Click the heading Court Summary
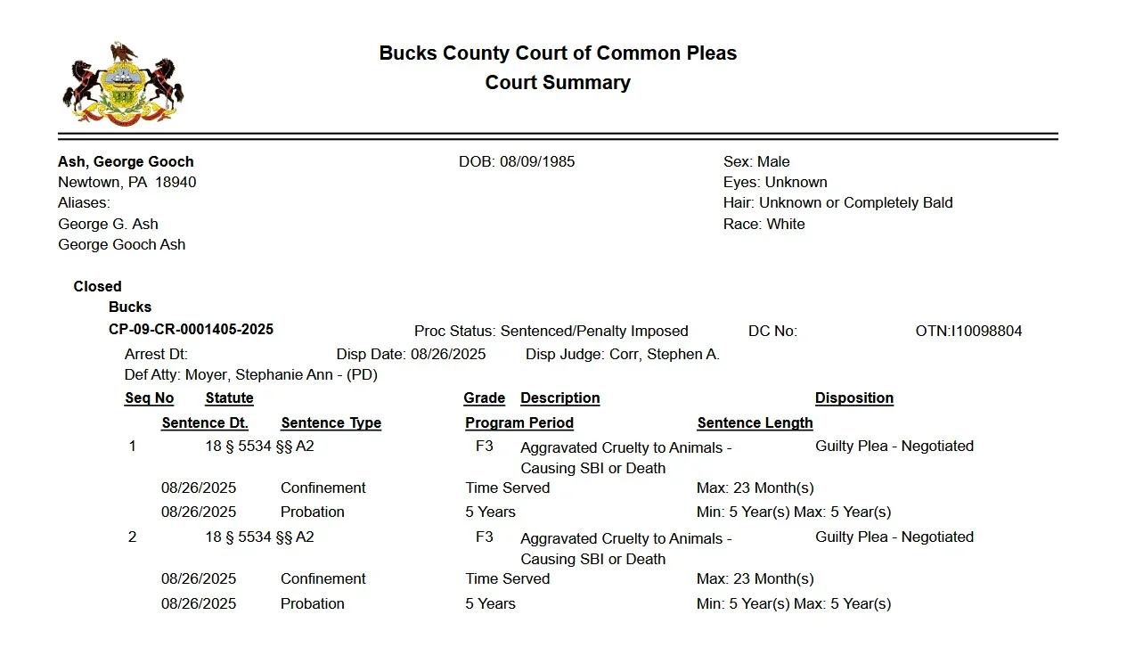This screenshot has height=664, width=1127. point(558,83)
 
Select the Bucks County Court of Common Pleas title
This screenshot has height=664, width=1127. point(558,53)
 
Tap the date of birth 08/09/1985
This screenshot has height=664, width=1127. point(537,161)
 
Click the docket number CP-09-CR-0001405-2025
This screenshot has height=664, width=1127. point(191,330)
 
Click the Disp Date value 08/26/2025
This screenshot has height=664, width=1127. point(448,354)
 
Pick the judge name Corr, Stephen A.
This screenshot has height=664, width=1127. point(665,354)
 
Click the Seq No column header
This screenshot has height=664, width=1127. point(149,398)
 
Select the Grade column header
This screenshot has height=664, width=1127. point(484,398)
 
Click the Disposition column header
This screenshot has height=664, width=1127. point(853,398)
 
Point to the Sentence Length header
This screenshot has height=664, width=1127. point(755,422)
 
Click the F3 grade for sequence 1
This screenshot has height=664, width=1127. point(484,446)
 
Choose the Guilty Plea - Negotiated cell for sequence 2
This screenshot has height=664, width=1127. point(894,537)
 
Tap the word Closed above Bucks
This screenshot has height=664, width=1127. point(97,286)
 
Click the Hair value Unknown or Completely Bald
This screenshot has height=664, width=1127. point(855,202)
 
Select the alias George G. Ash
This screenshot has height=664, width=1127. point(108,224)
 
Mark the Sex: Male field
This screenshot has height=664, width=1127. point(756,161)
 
